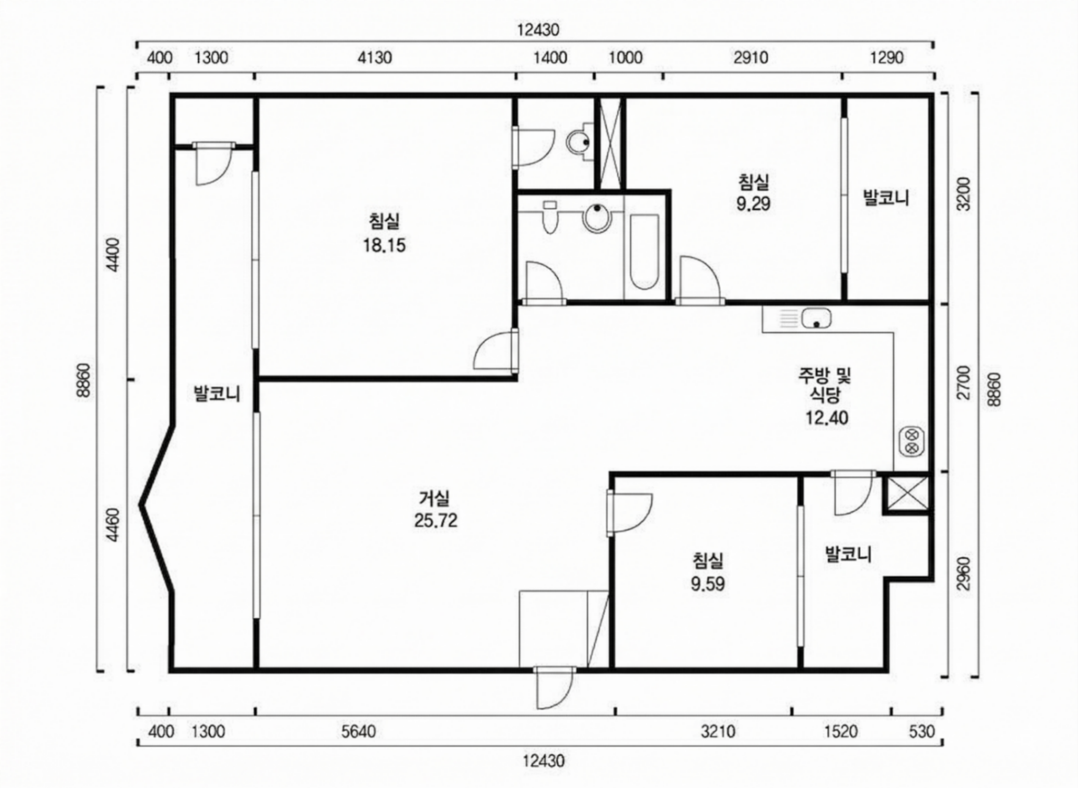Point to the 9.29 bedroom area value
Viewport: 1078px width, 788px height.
point(753,204)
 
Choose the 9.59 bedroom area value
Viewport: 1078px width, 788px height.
point(708,584)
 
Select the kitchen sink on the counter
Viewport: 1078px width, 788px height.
point(816,318)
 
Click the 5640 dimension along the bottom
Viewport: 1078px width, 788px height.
point(358,731)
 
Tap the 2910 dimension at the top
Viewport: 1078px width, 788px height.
point(751,58)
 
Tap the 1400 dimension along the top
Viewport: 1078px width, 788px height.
point(550,58)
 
